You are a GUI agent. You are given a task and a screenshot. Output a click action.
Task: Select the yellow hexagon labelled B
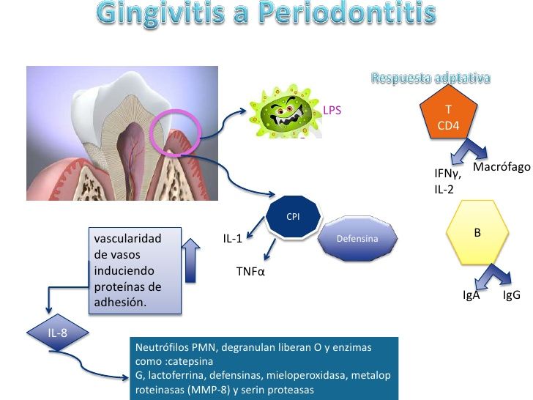(477, 234)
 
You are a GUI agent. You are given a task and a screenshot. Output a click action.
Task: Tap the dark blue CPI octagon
(292, 218)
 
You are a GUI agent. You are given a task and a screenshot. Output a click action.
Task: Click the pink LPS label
(332, 111)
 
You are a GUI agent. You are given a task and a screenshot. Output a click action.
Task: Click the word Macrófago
(502, 167)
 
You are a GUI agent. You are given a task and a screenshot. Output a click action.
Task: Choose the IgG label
(512, 296)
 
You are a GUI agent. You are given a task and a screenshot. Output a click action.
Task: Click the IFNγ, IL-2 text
(450, 181)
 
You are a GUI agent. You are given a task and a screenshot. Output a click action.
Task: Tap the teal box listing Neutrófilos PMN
(264, 367)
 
